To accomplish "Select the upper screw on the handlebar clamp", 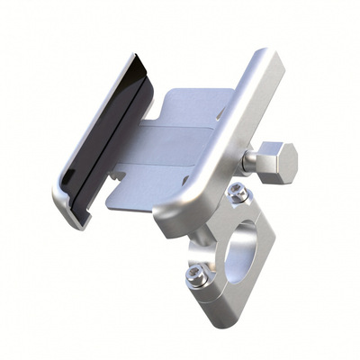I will (x=236, y=191).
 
